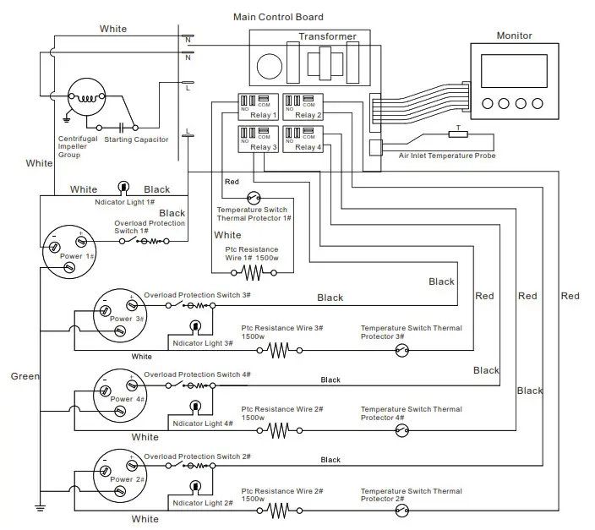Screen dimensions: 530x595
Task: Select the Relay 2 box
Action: point(303,107)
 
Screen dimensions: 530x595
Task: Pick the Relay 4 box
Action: point(303,139)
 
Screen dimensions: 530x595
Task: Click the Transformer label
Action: point(327,36)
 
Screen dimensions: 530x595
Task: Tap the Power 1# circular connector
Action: point(67,249)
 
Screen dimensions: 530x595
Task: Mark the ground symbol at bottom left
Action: point(39,507)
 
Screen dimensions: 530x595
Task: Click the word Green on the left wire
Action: point(25,376)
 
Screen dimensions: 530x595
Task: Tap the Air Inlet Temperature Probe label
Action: point(447,156)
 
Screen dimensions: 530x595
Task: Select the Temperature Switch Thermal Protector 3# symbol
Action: point(401,350)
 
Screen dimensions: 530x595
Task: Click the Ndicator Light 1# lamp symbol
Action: point(123,188)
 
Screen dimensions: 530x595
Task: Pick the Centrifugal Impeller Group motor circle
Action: point(85,99)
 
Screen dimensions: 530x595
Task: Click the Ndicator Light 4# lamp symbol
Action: point(195,407)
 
